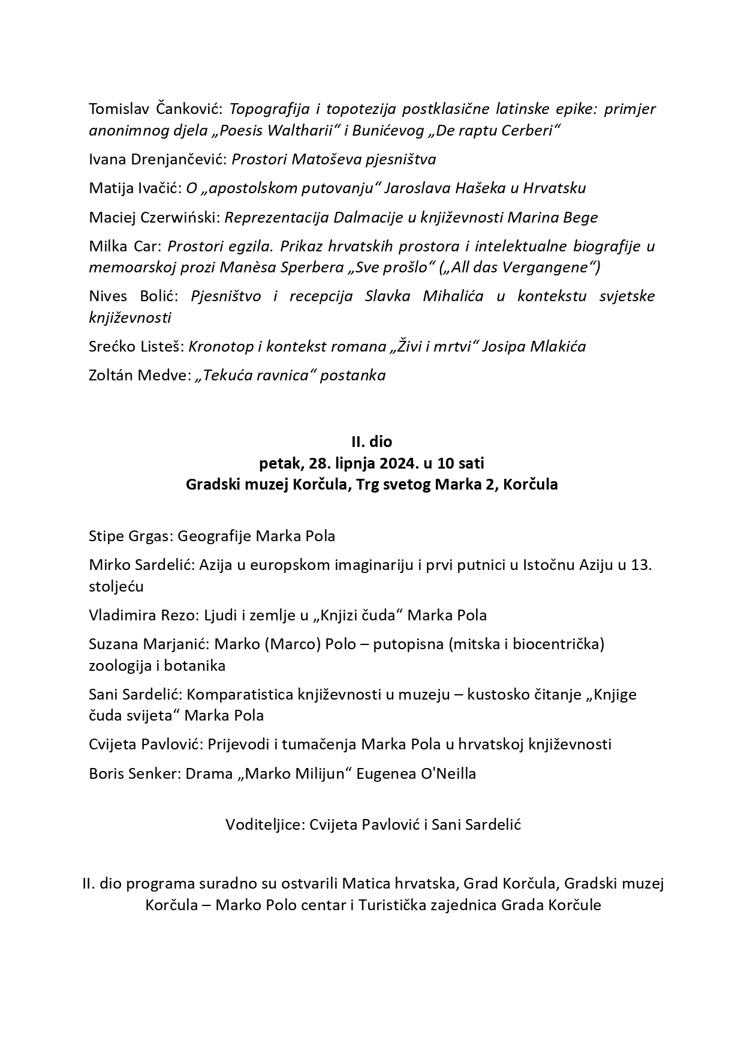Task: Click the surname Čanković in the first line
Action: (189, 109)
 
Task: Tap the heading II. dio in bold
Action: (372, 442)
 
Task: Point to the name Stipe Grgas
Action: (130, 536)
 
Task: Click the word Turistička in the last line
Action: (394, 905)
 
